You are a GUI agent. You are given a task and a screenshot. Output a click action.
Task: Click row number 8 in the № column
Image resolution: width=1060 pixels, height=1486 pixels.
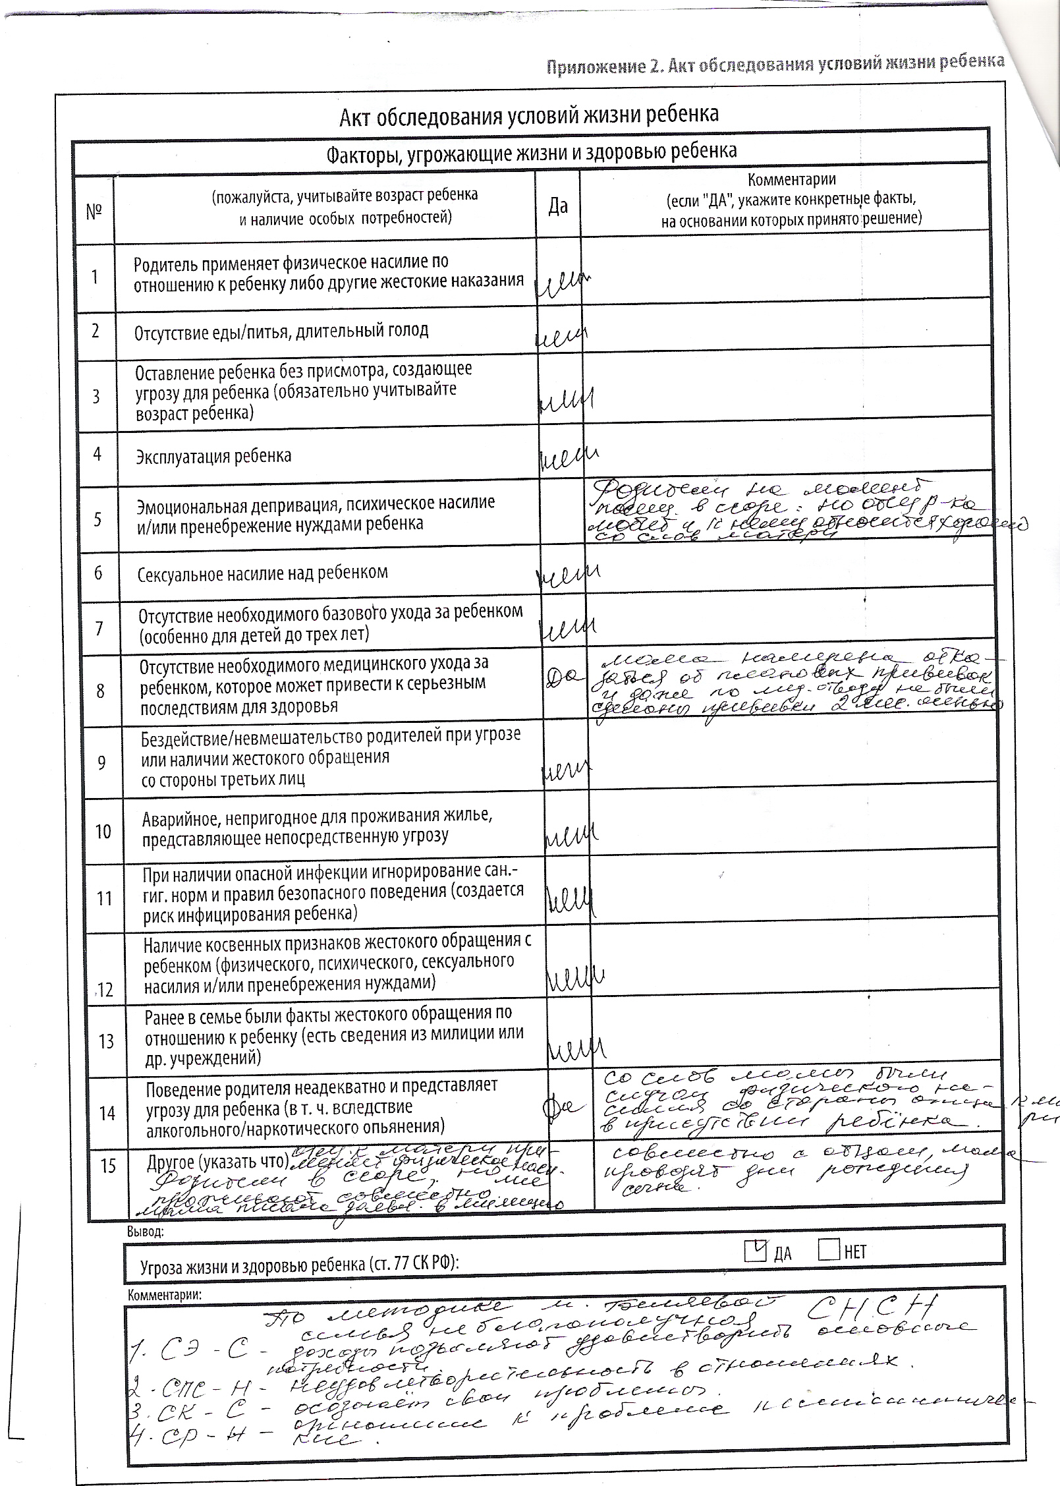pyautogui.click(x=100, y=691)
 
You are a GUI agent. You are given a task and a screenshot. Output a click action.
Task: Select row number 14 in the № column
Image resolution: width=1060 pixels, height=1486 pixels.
pyautogui.click(x=107, y=1113)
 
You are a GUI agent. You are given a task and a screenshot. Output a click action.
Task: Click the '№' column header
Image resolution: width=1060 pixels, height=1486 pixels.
pyautogui.click(x=95, y=211)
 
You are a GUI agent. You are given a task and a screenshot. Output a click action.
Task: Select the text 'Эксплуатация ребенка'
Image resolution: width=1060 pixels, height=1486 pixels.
pyautogui.click(x=213, y=456)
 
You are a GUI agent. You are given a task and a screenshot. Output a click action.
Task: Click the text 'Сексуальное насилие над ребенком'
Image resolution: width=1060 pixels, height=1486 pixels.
pyautogui.click(x=262, y=573)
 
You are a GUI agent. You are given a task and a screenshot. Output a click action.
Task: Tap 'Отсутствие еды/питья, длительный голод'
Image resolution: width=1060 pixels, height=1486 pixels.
pyautogui.click(x=281, y=330)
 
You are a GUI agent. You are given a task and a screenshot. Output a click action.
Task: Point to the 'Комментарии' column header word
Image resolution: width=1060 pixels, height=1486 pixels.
pyautogui.click(x=791, y=179)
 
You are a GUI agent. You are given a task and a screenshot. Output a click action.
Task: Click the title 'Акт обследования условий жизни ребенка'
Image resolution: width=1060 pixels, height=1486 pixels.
pyautogui.click(x=529, y=115)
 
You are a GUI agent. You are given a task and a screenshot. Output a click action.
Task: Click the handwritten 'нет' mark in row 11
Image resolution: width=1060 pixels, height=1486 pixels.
pyautogui.click(x=570, y=900)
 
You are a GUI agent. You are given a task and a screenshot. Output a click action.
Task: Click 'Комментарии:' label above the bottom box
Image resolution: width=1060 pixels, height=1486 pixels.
pyautogui.click(x=166, y=1294)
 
